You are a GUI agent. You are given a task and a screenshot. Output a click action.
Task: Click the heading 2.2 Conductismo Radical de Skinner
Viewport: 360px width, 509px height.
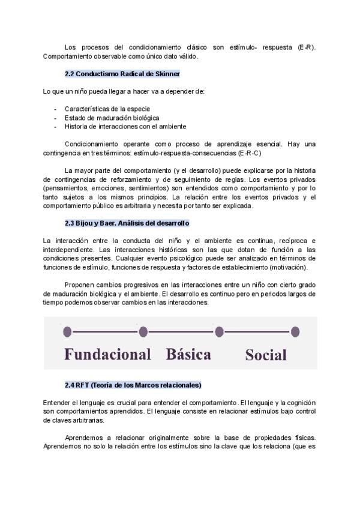[122, 74]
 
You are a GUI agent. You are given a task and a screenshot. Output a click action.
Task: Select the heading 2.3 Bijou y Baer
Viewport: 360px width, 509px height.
[127, 223]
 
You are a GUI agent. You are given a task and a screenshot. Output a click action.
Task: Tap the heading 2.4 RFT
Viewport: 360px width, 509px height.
[133, 385]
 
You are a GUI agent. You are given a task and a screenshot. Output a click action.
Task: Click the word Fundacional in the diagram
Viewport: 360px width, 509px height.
[107, 354]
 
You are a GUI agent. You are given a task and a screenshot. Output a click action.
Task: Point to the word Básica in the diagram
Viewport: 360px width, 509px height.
[188, 354]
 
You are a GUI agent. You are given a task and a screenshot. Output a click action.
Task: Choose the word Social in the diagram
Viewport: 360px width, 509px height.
[266, 355]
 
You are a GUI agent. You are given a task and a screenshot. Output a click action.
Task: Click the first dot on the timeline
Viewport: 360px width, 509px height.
[67, 331]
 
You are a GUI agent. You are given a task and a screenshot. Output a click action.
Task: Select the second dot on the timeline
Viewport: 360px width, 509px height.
[143, 331]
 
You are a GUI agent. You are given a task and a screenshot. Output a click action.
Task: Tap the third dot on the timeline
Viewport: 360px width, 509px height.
[219, 331]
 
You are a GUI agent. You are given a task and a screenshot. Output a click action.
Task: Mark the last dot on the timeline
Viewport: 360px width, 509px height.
[295, 331]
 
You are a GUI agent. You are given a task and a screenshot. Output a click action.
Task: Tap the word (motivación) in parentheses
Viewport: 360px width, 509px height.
[288, 267]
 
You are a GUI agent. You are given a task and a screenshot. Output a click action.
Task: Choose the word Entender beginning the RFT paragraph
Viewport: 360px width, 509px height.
[58, 402]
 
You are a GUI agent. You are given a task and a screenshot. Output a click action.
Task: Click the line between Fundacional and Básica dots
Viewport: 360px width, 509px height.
[105, 331]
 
